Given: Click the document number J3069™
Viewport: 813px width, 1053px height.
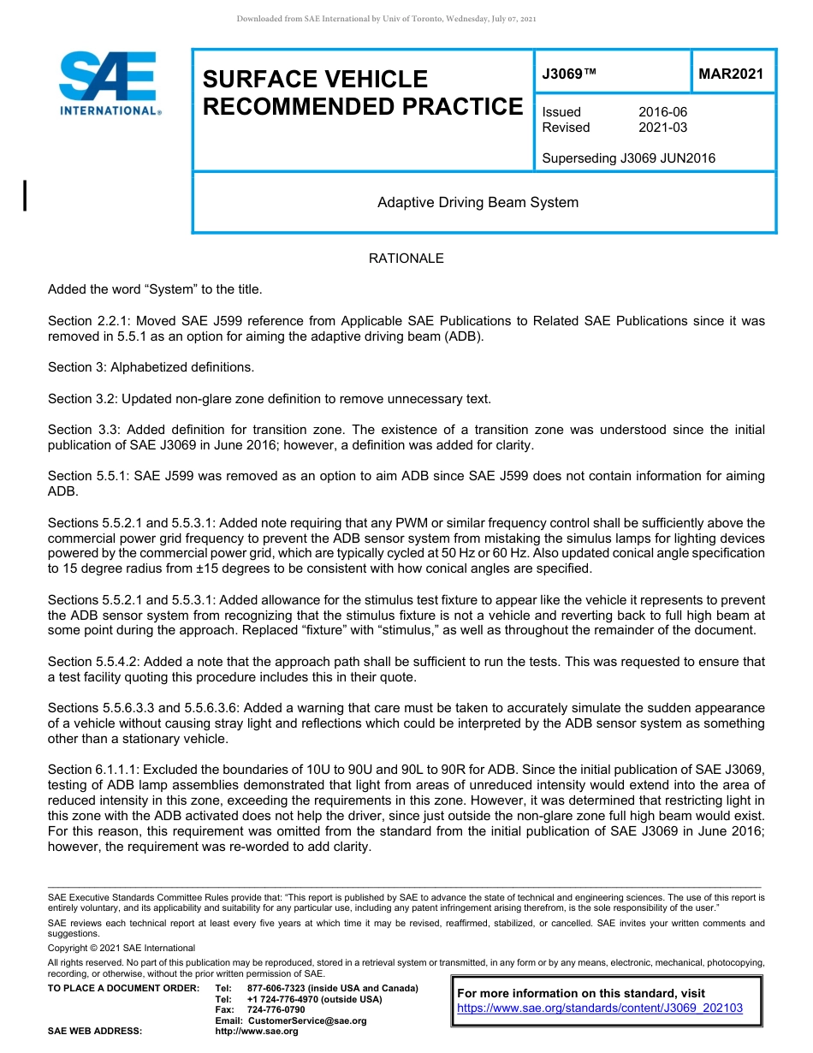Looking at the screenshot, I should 568,74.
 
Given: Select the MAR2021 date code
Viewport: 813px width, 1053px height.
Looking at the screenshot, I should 730,74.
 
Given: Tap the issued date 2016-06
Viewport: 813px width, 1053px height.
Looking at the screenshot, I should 662,112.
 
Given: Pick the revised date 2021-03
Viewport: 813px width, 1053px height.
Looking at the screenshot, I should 662,128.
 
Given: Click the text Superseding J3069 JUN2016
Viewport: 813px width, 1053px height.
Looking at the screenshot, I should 628,158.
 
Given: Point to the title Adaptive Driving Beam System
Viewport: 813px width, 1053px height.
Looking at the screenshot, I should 478,203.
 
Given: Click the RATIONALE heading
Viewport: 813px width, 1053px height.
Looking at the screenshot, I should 406,259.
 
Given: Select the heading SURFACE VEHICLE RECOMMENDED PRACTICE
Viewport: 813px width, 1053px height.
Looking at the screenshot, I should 362,92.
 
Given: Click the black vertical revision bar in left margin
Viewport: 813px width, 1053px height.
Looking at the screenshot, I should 26,195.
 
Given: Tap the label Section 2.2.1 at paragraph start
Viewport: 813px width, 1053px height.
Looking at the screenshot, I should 88,321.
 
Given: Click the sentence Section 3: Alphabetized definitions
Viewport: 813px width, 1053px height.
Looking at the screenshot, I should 151,367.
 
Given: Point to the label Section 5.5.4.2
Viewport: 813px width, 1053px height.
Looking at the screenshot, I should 94,662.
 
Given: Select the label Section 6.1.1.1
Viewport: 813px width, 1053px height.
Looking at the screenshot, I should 94,770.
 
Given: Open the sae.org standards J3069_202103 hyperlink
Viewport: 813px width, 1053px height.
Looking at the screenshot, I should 600,1008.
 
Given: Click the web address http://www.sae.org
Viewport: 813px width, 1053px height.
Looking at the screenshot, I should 257,1031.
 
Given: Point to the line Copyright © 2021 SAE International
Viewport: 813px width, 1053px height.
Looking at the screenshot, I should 122,948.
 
